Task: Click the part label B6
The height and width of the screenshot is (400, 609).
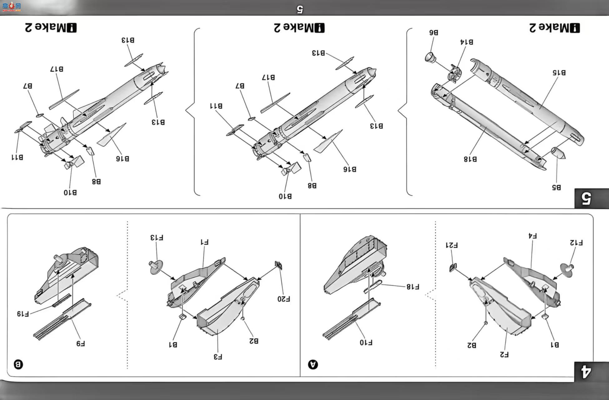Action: [433, 32]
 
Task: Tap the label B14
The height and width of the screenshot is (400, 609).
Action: [467, 42]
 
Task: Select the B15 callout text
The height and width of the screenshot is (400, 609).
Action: [559, 72]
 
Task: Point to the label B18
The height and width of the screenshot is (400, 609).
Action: [470, 159]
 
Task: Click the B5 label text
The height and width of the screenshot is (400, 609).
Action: [556, 187]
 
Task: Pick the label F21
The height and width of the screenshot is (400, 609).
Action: [452, 245]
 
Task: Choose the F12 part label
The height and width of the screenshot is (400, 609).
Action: [576, 242]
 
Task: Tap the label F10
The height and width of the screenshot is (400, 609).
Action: [366, 342]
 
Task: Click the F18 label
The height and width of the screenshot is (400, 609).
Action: [413, 287]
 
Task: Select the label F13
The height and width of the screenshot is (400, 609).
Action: [157, 237]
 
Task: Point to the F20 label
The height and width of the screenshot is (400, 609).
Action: [284, 299]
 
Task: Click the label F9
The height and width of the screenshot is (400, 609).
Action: [81, 343]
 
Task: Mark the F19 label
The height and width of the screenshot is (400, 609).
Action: [23, 314]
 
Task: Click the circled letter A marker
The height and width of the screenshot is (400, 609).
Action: [313, 364]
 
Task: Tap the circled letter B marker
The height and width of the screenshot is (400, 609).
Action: [18, 364]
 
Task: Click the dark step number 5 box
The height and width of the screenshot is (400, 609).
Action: [592, 198]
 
